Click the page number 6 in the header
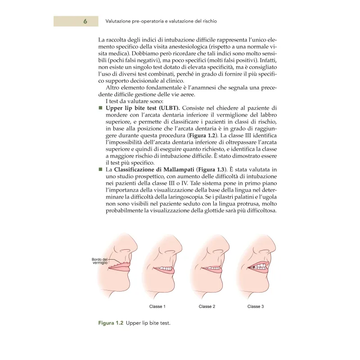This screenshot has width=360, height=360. pos(85,21)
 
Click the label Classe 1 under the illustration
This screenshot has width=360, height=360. pos(157,306)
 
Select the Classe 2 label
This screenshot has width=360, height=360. pos(207,306)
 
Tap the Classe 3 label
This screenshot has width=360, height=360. pos(256,306)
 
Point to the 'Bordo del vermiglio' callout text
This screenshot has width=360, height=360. pos(100,261)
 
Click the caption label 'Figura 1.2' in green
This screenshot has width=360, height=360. pos(111,323)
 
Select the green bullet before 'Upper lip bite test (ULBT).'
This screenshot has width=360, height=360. pos(100,108)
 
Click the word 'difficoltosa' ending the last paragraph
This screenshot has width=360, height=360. pos(258,210)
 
